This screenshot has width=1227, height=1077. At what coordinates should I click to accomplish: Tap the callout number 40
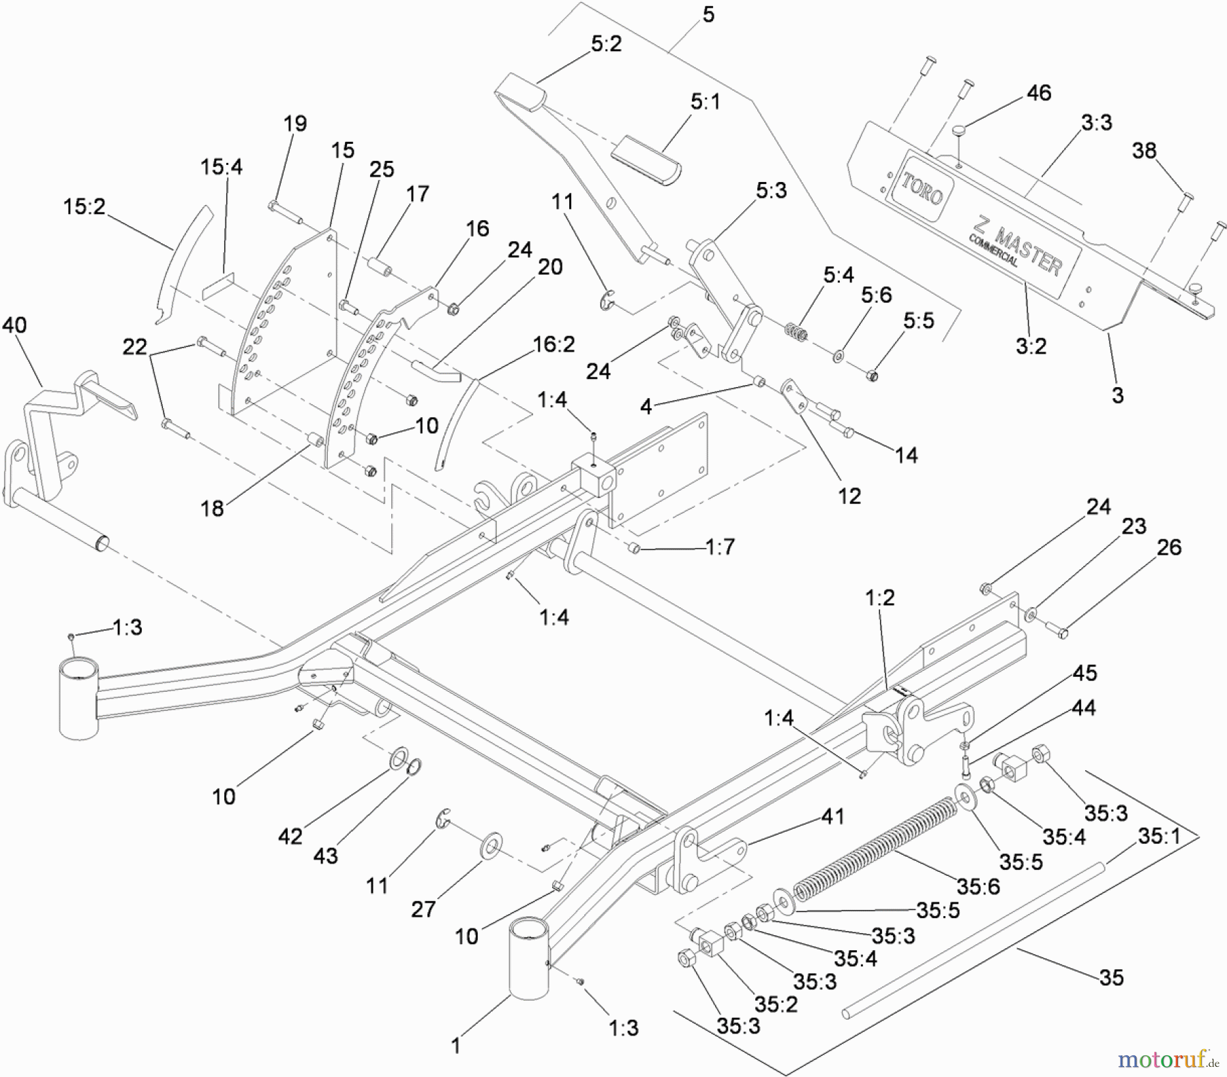click(14, 325)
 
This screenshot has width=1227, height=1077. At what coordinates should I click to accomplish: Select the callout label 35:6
click(978, 887)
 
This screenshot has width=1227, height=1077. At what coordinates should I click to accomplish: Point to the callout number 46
click(1039, 93)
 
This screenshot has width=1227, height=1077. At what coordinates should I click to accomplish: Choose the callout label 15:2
click(85, 207)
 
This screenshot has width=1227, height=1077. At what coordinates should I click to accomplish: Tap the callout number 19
click(294, 123)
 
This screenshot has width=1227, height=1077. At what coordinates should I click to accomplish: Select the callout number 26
click(1169, 547)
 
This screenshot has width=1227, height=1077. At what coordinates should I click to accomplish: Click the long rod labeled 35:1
click(975, 941)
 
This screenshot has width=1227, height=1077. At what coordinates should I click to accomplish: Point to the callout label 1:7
click(720, 546)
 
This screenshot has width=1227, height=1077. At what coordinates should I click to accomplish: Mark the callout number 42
click(290, 836)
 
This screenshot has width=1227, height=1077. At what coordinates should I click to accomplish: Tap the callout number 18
click(212, 508)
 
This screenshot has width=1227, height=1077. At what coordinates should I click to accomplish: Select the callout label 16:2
click(554, 345)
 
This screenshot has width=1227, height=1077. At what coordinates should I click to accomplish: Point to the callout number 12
click(849, 496)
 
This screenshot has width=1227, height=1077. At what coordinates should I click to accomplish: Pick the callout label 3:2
click(1031, 346)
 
